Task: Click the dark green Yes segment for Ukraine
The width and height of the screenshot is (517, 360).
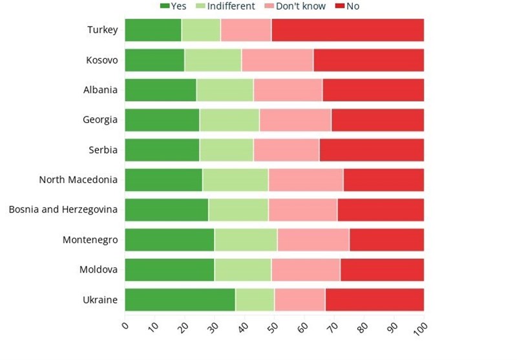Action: click(180, 300)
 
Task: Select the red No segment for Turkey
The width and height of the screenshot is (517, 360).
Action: click(348, 30)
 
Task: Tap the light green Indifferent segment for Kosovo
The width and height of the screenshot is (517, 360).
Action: click(213, 60)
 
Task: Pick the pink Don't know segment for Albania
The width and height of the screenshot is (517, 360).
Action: click(288, 90)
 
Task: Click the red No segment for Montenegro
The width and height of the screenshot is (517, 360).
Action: click(386, 240)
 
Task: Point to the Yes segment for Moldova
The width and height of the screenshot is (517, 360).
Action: click(169, 270)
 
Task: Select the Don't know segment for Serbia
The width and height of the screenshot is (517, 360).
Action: click(286, 150)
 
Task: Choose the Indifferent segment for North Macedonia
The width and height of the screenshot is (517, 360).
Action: click(235, 180)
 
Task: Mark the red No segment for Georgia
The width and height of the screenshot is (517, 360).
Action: click(377, 120)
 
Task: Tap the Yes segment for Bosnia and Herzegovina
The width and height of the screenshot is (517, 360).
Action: click(166, 210)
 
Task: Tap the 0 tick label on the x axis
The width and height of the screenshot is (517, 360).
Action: click(125, 327)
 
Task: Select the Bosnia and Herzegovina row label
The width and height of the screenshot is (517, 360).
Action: click(63, 210)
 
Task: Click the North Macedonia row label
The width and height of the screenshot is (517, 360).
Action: click(78, 180)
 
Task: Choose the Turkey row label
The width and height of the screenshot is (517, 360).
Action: click(102, 30)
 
